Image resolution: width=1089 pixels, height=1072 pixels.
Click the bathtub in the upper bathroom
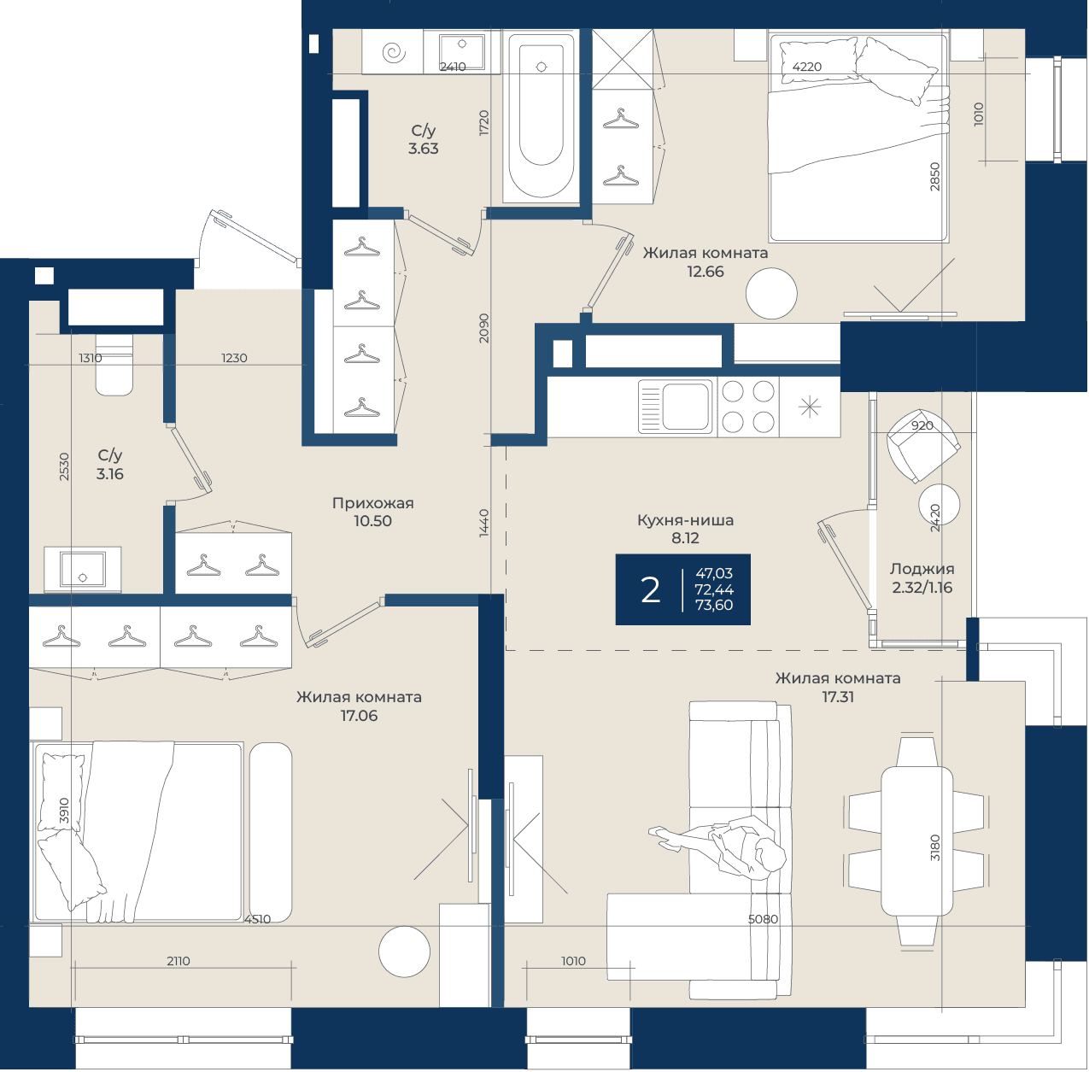point(541,116)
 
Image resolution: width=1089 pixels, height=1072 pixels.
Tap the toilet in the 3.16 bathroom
point(114,365)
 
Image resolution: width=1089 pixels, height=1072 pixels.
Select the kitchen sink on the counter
point(676,407)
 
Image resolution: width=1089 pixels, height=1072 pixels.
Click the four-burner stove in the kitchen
point(748,407)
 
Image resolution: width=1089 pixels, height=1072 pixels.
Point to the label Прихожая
point(373,503)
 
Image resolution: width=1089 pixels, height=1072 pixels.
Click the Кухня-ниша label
point(686,520)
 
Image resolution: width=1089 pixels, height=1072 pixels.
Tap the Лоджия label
point(922,569)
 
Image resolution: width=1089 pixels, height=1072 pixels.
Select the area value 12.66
point(706,272)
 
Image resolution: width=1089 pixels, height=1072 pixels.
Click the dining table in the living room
point(916,841)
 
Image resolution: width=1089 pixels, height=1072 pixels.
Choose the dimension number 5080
point(763,919)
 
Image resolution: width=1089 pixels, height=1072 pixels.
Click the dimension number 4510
point(257,919)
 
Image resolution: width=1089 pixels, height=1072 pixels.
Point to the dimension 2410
point(454,67)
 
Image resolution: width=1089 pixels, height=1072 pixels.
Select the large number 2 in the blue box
point(651,590)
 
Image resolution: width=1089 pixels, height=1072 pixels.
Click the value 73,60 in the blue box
point(714,605)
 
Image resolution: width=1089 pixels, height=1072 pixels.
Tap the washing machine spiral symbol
point(394,53)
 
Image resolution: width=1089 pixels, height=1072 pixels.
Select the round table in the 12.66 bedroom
point(770,294)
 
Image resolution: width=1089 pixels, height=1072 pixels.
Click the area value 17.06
point(359,716)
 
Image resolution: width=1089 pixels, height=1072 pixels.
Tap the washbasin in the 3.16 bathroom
point(83,570)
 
